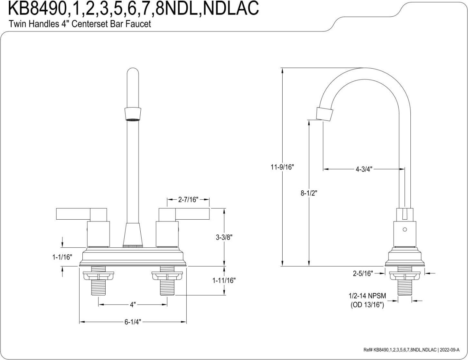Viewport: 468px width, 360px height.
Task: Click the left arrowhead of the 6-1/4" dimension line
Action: [x=82, y=322]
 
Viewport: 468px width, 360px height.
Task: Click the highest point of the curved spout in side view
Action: [x=365, y=68]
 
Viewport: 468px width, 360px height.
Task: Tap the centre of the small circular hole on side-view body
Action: [x=405, y=230]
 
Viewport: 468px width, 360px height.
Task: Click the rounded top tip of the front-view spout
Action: [x=133, y=68]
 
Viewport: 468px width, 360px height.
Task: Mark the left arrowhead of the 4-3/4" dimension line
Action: [x=325, y=169]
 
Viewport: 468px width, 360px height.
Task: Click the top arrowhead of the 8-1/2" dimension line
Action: [x=309, y=123]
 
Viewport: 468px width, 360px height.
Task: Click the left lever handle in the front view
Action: [x=81, y=214]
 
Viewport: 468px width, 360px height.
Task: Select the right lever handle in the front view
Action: [x=184, y=214]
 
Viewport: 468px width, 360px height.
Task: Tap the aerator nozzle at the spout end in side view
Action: [x=324, y=114]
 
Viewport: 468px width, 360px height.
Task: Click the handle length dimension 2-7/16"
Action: [x=188, y=200]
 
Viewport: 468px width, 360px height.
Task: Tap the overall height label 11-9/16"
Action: [x=282, y=167]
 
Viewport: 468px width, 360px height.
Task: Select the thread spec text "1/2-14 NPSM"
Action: [x=367, y=296]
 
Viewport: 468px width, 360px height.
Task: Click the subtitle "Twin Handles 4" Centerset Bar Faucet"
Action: [x=80, y=24]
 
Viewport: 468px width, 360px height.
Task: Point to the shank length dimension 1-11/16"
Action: [x=224, y=280]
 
